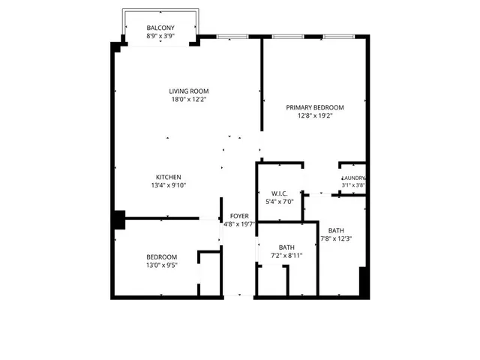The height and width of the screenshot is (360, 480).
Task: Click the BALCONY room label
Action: (x=160, y=27)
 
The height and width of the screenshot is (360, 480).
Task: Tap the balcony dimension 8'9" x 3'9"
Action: (x=160, y=35)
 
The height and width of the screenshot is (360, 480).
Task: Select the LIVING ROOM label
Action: (x=188, y=91)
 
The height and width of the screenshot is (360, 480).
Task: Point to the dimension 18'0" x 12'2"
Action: (x=188, y=99)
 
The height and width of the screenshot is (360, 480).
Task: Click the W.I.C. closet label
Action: (x=280, y=193)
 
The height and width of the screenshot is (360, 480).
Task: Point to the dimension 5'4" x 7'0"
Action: (x=280, y=201)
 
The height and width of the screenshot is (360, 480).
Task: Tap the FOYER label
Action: (x=239, y=216)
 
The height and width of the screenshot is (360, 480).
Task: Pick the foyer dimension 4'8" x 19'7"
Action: (x=239, y=223)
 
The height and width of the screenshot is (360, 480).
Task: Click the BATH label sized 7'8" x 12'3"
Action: (x=336, y=231)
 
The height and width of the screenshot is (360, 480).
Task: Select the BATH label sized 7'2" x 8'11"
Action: (x=286, y=247)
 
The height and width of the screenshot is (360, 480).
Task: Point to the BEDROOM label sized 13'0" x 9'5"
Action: (x=161, y=257)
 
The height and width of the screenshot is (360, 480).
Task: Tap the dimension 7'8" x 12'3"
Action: (x=336, y=239)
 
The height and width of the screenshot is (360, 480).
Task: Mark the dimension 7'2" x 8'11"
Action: (x=286, y=256)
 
